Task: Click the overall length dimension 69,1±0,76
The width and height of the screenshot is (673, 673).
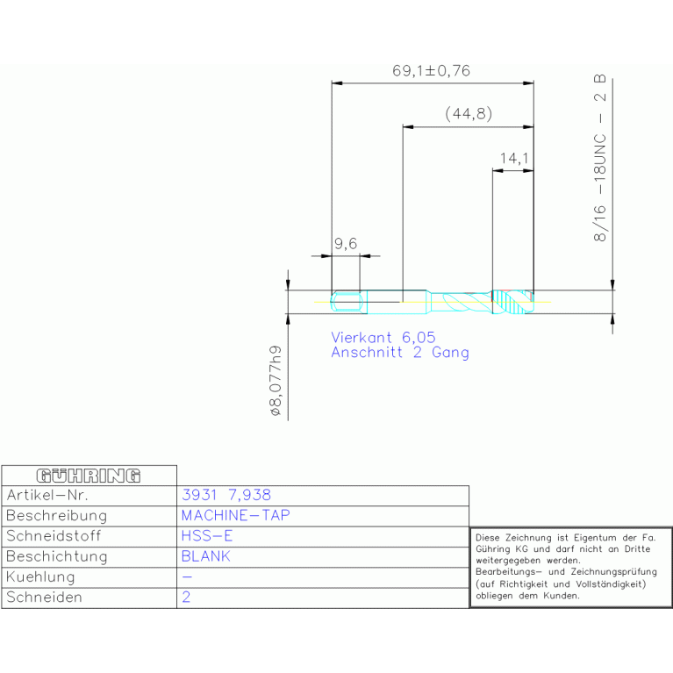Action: click(431, 70)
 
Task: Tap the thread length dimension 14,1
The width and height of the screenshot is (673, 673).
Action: click(514, 158)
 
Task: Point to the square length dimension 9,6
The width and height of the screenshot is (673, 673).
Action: click(346, 244)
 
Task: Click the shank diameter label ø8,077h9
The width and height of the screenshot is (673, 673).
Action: click(276, 381)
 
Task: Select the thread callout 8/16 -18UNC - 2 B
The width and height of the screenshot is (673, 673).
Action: click(599, 158)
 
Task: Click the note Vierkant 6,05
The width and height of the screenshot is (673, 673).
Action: click(383, 337)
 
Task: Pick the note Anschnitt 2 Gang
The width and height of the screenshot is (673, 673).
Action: click(400, 353)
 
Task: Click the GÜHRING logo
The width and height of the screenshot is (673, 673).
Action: click(89, 476)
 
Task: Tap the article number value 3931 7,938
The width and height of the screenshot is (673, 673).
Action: click(226, 495)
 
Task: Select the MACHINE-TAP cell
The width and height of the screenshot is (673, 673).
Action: click(236, 515)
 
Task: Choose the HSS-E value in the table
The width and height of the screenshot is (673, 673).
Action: click(207, 535)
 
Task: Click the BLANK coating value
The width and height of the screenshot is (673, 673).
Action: click(206, 556)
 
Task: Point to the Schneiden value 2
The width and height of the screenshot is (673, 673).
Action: click(186, 597)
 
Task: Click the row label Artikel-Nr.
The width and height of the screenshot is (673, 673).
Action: click(47, 495)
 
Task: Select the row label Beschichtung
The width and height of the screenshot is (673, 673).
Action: click(57, 556)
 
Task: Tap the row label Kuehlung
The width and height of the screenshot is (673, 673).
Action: click(40, 577)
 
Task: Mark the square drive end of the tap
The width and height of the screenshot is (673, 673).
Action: click(348, 302)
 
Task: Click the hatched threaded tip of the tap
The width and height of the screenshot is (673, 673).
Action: click(513, 302)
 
